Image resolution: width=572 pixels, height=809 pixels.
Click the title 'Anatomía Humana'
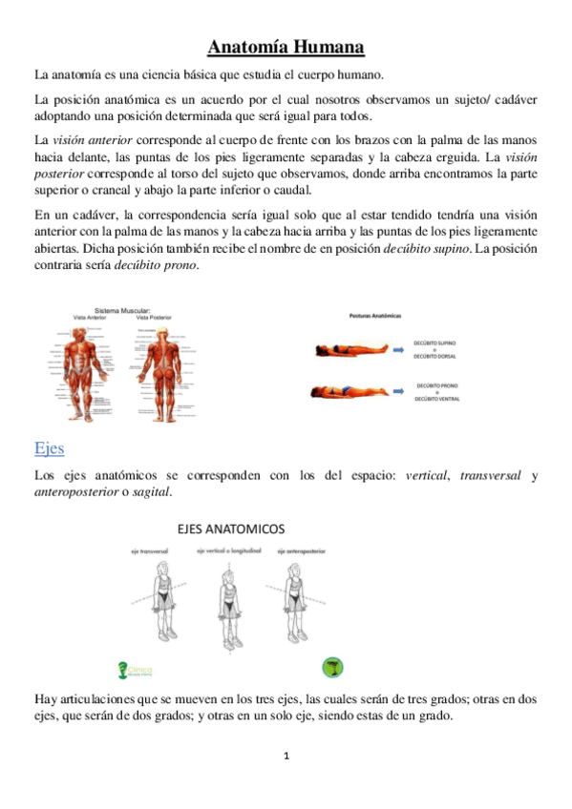pos(286,47)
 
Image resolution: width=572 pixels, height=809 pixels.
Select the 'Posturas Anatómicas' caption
pos(375,314)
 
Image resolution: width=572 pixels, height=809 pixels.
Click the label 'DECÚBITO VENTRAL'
pos(437,400)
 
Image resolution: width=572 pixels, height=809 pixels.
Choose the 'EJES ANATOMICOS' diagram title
pos(234,528)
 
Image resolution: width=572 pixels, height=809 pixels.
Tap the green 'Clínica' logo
pos(134,670)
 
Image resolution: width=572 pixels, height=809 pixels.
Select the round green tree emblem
pos(334,668)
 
